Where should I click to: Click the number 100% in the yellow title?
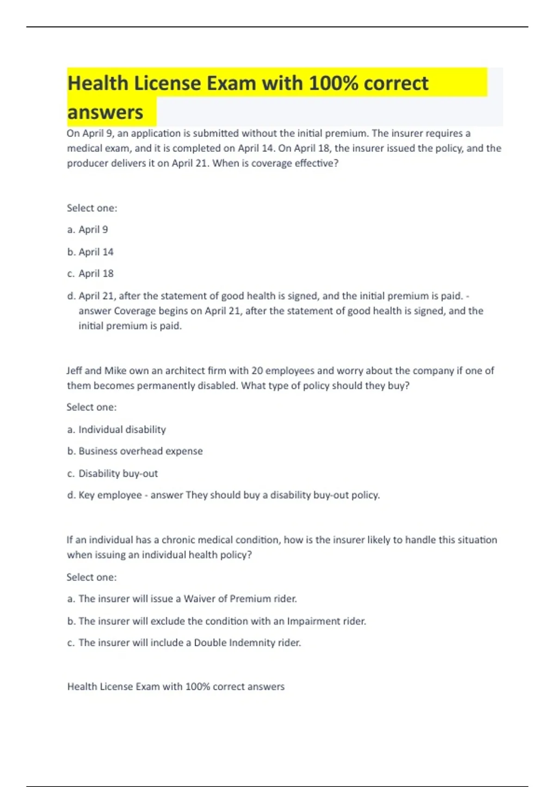coord(333,84)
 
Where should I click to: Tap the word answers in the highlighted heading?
coord(105,112)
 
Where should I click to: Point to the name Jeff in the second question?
coord(74,371)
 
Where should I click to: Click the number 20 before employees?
coord(257,371)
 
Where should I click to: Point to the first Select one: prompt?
coord(92,208)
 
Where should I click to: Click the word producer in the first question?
coord(87,163)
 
